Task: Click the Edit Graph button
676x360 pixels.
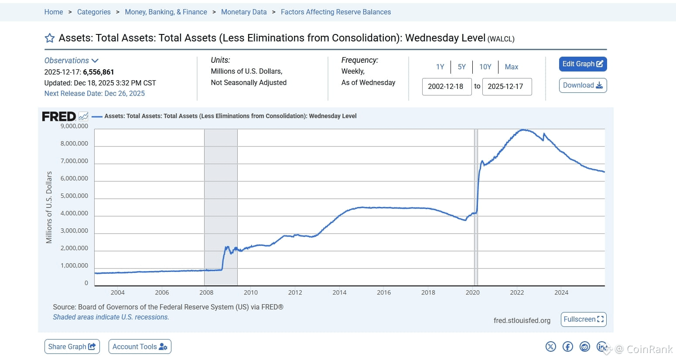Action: (x=583, y=64)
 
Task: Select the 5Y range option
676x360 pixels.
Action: (x=461, y=67)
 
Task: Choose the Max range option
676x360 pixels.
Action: (x=511, y=67)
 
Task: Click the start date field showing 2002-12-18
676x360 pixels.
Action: (x=446, y=86)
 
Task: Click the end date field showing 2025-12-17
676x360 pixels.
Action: (x=506, y=86)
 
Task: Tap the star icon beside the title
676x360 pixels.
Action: (x=50, y=38)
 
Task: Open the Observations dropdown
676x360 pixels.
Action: (x=72, y=61)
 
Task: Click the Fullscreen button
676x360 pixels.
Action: (x=583, y=319)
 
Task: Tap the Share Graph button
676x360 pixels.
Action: (x=72, y=346)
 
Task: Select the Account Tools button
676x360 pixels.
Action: (x=140, y=346)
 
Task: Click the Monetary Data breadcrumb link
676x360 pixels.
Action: (x=244, y=12)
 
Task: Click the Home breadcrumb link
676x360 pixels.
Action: (x=54, y=12)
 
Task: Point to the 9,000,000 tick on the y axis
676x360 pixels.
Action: (x=74, y=126)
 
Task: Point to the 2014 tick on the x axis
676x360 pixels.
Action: (x=339, y=292)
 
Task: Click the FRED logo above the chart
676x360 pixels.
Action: (x=59, y=116)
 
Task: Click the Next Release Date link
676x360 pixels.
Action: (x=94, y=93)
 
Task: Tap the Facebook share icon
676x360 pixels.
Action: (x=567, y=346)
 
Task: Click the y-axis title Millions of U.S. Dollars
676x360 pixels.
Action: (x=49, y=207)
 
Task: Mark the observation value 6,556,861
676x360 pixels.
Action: (x=99, y=72)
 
